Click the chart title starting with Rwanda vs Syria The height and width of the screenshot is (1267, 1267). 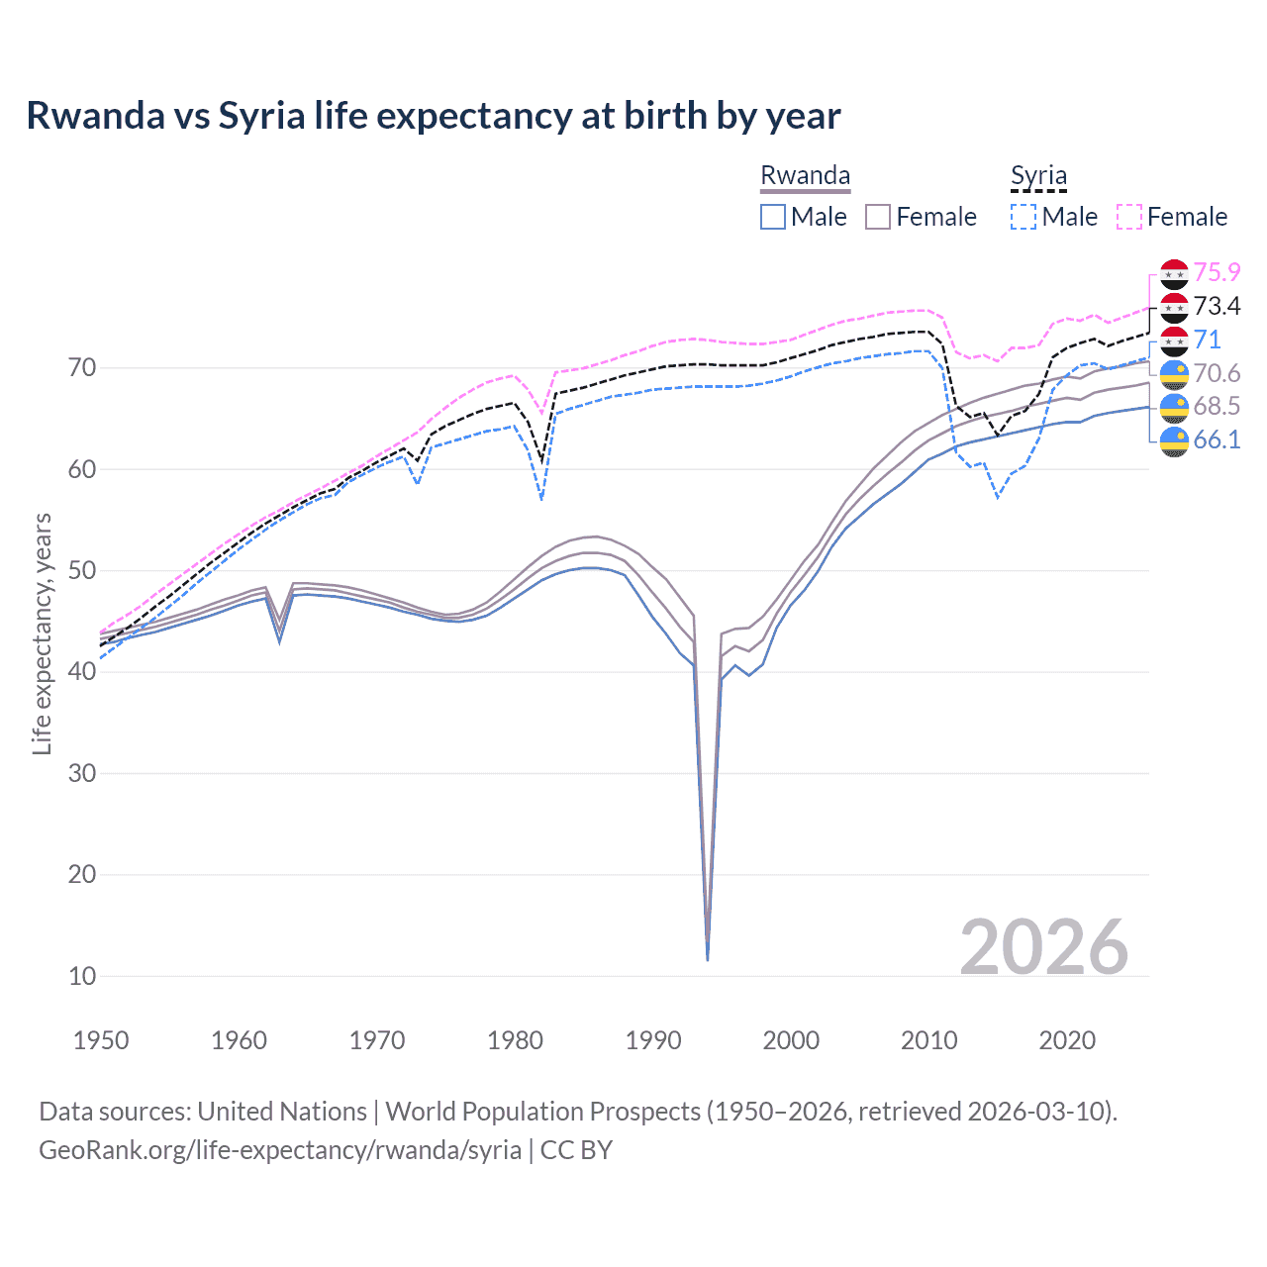[x=434, y=116]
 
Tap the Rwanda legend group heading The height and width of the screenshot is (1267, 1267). [x=805, y=176]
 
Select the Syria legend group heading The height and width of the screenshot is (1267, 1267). [x=1038, y=176]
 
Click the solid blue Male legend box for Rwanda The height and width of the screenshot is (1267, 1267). [x=773, y=217]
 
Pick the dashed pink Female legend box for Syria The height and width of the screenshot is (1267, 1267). [x=1129, y=217]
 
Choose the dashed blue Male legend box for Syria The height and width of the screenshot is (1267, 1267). [x=1023, y=217]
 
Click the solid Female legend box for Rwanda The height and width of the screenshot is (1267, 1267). [x=878, y=217]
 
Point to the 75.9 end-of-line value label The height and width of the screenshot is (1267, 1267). [x=1217, y=272]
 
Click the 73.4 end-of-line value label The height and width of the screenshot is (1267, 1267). [x=1217, y=306]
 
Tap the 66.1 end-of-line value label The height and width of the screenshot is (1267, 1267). [x=1217, y=439]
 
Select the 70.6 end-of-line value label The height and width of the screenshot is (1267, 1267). [x=1217, y=373]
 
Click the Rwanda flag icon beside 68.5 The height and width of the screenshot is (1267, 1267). [x=1174, y=407]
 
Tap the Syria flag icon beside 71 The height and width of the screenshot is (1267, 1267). [x=1174, y=341]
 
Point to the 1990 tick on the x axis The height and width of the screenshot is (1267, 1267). [x=653, y=1040]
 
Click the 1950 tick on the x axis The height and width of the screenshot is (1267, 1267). [x=101, y=1040]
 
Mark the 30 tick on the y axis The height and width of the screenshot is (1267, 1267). [x=82, y=773]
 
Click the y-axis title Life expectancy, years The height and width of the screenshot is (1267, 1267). [x=42, y=633]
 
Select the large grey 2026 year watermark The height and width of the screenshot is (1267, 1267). [x=1043, y=947]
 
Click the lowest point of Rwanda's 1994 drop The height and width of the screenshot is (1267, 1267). [x=707, y=958]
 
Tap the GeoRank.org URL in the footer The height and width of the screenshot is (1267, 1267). [x=280, y=1150]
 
